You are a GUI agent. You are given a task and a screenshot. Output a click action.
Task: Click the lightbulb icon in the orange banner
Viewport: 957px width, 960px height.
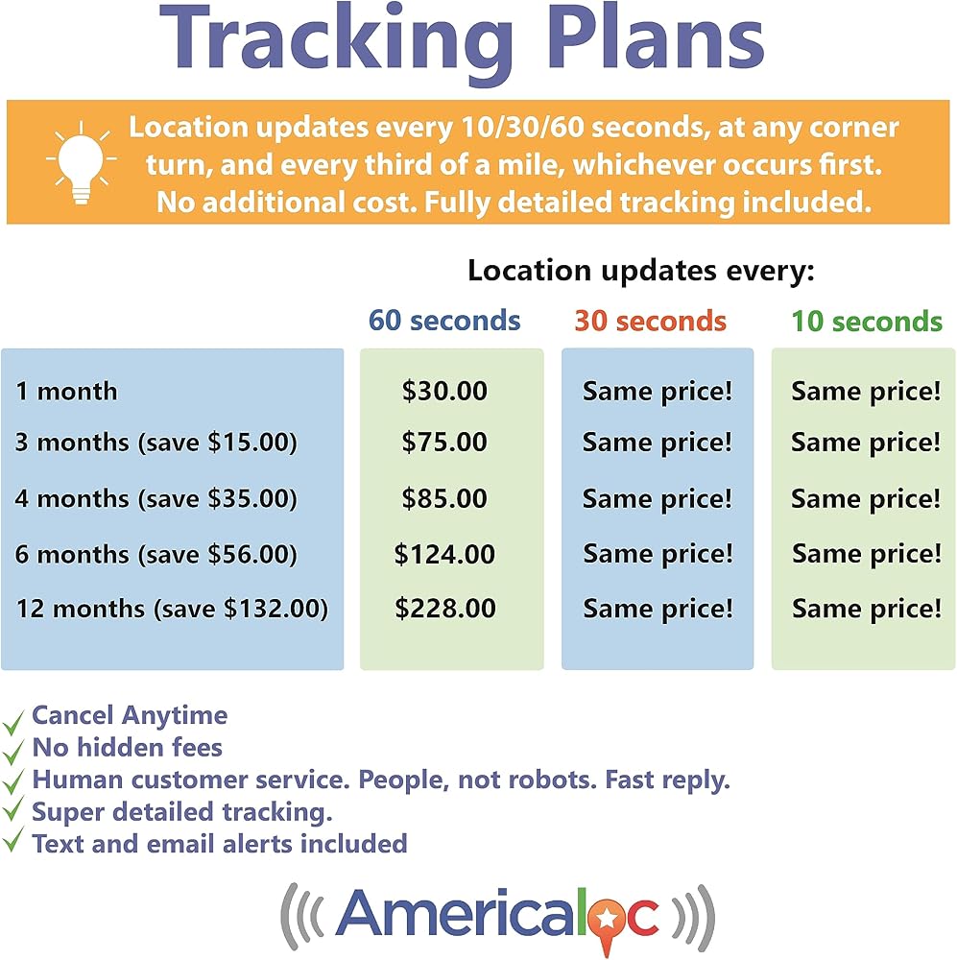coord(81,162)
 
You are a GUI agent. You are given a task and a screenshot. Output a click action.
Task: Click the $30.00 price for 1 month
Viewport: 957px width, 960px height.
coord(444,392)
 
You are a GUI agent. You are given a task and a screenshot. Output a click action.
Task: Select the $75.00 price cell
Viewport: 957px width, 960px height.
coord(444,442)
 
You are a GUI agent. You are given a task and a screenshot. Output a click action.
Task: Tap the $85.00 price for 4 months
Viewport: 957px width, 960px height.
coord(444,498)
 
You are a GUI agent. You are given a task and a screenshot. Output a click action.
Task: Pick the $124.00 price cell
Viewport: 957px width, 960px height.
coord(444,554)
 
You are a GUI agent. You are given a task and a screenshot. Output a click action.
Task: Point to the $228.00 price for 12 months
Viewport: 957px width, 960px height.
coord(445,609)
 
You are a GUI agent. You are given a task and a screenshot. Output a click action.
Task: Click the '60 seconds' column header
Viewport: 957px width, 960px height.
coord(444,321)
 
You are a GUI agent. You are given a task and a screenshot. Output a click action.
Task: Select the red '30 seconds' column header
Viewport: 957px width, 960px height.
coord(650,321)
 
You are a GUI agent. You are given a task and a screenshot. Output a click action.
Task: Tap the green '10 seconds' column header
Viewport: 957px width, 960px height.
coord(867,322)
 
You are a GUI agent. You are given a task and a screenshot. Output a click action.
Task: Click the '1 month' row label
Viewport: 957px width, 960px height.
coord(67,392)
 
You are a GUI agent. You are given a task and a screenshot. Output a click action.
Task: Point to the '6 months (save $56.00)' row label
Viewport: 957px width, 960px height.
coord(156,555)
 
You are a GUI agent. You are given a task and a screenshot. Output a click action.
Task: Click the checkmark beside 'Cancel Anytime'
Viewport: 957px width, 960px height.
coord(12,723)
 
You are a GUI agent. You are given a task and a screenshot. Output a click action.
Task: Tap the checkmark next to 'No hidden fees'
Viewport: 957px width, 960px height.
coord(12,752)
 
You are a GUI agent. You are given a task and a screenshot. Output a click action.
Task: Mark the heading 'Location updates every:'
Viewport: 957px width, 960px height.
coord(641,271)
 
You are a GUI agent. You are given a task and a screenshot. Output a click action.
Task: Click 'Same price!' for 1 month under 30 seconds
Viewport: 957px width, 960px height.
coord(658,392)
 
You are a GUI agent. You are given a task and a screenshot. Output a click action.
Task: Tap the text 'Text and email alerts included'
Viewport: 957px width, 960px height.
coord(220,844)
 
